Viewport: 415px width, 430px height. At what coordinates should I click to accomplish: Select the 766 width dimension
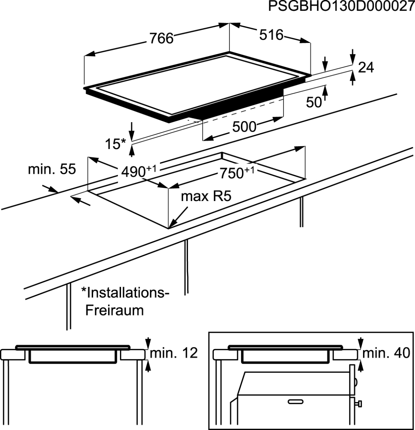tap(161, 38)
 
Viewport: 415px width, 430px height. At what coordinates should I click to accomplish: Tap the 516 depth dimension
tap(271, 35)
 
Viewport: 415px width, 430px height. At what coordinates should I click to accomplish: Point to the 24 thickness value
tap(366, 67)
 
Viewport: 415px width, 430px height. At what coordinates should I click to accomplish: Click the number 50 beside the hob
tap(314, 102)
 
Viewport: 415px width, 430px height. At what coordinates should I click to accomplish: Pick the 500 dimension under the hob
tap(245, 126)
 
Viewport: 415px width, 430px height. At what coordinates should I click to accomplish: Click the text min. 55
tap(52, 169)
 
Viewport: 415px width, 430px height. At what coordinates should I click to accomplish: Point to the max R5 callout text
tap(206, 196)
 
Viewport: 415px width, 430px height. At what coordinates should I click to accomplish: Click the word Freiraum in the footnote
tap(115, 310)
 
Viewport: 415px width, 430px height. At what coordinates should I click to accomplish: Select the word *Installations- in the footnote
tap(125, 293)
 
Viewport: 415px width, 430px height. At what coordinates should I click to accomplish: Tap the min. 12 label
tap(174, 353)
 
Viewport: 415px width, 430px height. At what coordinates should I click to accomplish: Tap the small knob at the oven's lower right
tap(359, 404)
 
